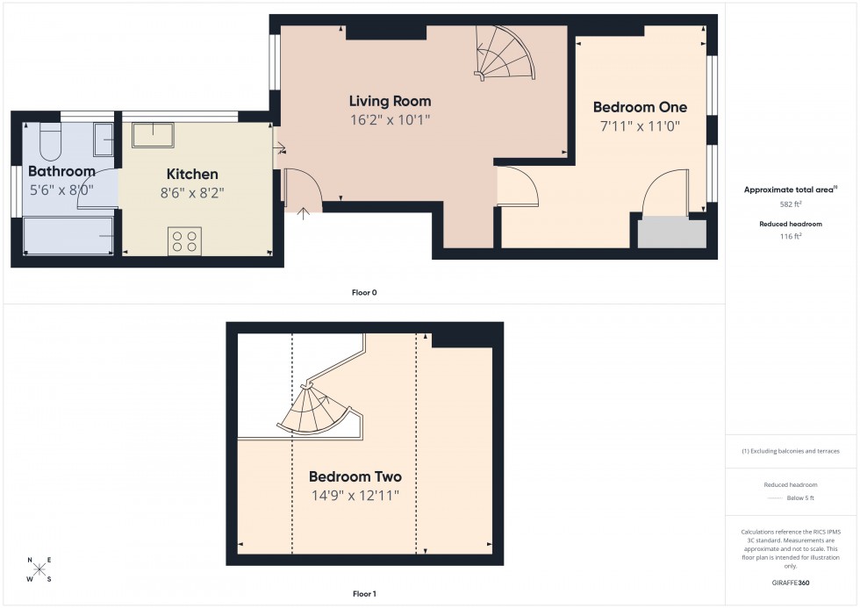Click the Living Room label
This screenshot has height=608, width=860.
pyautogui.click(x=390, y=101)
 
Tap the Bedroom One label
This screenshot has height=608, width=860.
pyautogui.click(x=640, y=107)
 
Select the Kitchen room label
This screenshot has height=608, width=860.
pyautogui.click(x=191, y=174)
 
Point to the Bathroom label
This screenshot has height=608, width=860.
pyautogui.click(x=61, y=171)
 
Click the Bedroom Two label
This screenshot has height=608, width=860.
pyautogui.click(x=355, y=477)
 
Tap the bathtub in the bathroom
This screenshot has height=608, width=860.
pyautogui.click(x=68, y=235)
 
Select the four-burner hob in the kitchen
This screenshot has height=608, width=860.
pyautogui.click(x=184, y=240)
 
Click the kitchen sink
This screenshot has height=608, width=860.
pyautogui.click(x=153, y=135)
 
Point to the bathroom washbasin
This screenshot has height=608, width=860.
pyautogui.click(x=104, y=139)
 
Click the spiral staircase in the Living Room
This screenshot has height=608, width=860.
pyautogui.click(x=503, y=53)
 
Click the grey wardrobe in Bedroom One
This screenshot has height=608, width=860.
pyautogui.click(x=671, y=233)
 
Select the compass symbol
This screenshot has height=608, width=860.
pyautogui.click(x=39, y=570)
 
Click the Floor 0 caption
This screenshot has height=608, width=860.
pyautogui.click(x=364, y=292)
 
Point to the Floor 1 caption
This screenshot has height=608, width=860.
pyautogui.click(x=364, y=594)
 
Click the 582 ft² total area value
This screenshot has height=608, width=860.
pyautogui.click(x=792, y=204)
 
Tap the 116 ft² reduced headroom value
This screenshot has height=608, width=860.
pyautogui.click(x=792, y=237)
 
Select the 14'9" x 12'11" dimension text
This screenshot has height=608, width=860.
pyautogui.click(x=355, y=496)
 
